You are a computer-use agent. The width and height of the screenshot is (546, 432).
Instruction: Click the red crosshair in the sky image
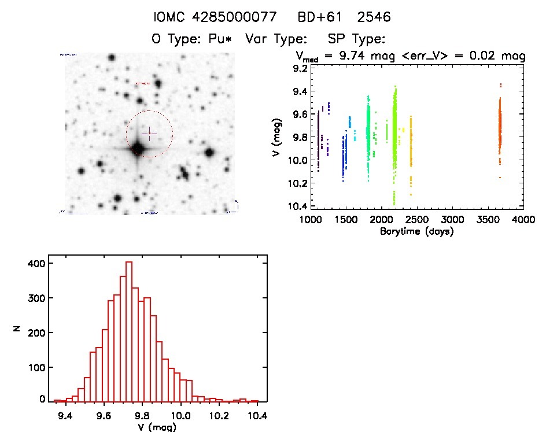tap(149, 134)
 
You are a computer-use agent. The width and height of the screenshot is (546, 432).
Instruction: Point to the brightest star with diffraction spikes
tap(137, 149)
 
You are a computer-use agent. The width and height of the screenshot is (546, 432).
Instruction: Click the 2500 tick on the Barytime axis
tap(417, 220)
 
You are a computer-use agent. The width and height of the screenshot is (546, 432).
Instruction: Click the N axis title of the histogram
tap(17, 330)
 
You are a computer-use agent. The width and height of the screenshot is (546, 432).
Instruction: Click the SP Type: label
tap(356, 39)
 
